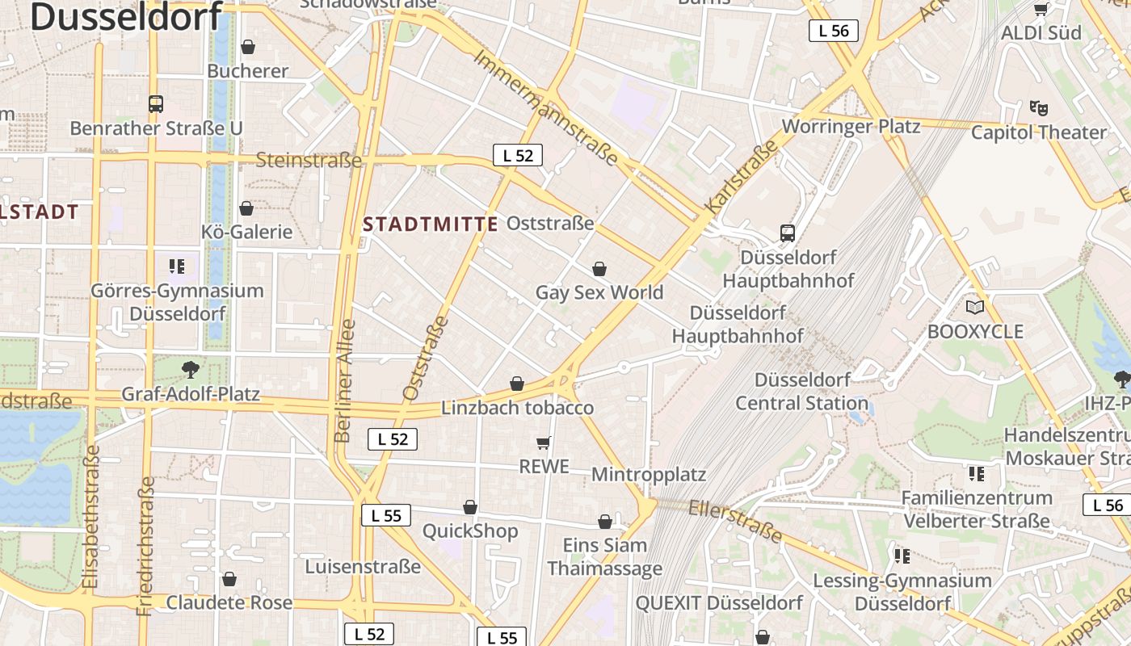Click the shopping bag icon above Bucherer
[x=248, y=47]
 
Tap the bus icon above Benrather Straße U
[x=156, y=104]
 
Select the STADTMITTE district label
[x=431, y=224]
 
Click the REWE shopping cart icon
[x=544, y=443]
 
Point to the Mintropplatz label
[x=649, y=474]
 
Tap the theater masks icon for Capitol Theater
[x=1038, y=107]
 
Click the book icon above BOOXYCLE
[x=975, y=307]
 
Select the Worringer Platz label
[x=851, y=127]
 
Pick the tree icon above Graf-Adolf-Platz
[x=191, y=370]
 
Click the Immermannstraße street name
[x=545, y=107]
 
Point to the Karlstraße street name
[x=741, y=177]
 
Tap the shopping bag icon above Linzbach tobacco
[x=517, y=384]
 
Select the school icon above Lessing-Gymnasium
[x=902, y=556]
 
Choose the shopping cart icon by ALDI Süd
[x=1041, y=9]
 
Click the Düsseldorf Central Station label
[x=801, y=391]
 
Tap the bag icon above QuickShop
[x=470, y=507]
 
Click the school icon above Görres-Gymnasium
[x=177, y=266]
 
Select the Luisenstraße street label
[x=363, y=566]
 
